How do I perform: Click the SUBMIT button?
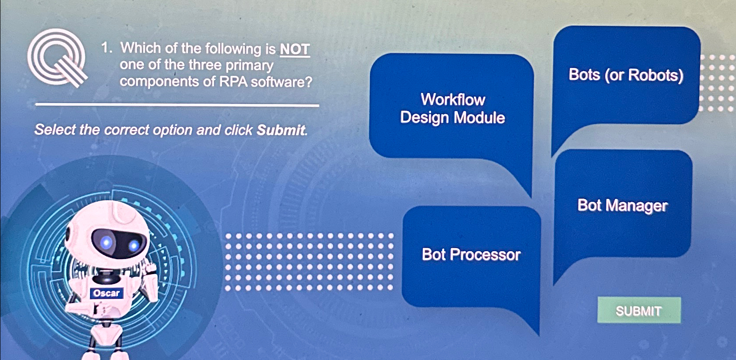click(639, 311)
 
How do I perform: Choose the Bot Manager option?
click(622, 205)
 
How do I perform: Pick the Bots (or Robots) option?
click(625, 75)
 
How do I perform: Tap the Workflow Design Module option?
click(452, 108)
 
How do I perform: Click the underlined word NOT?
click(295, 49)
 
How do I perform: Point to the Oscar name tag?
click(106, 293)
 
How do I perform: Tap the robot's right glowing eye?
click(134, 246)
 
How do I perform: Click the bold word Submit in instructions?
click(281, 130)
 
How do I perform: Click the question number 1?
click(105, 48)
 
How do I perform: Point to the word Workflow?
click(453, 100)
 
